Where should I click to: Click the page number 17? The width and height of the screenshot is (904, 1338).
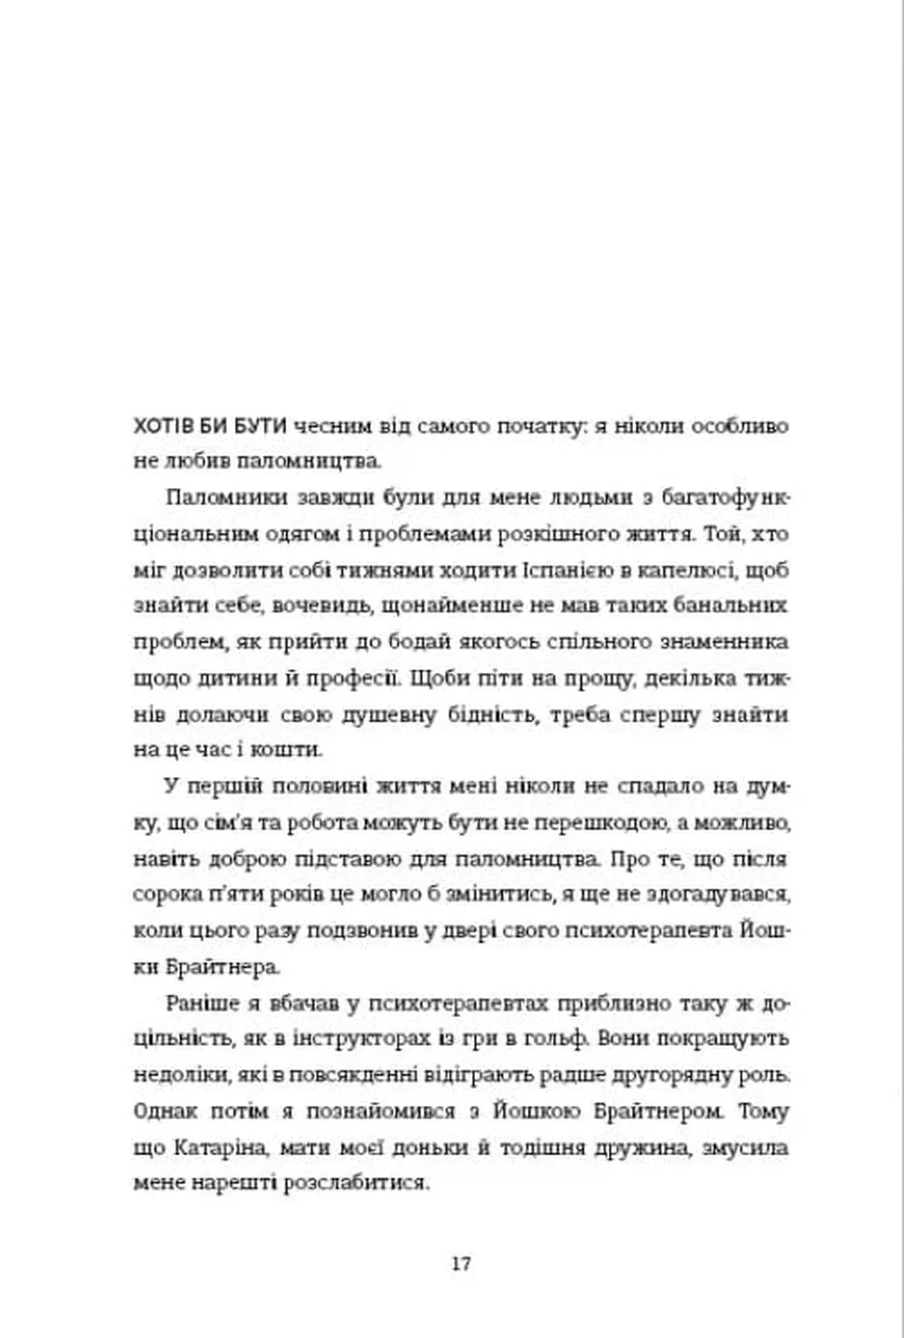(461, 1263)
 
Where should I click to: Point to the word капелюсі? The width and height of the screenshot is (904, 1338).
(686, 569)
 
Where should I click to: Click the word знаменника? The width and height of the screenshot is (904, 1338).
(724, 643)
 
